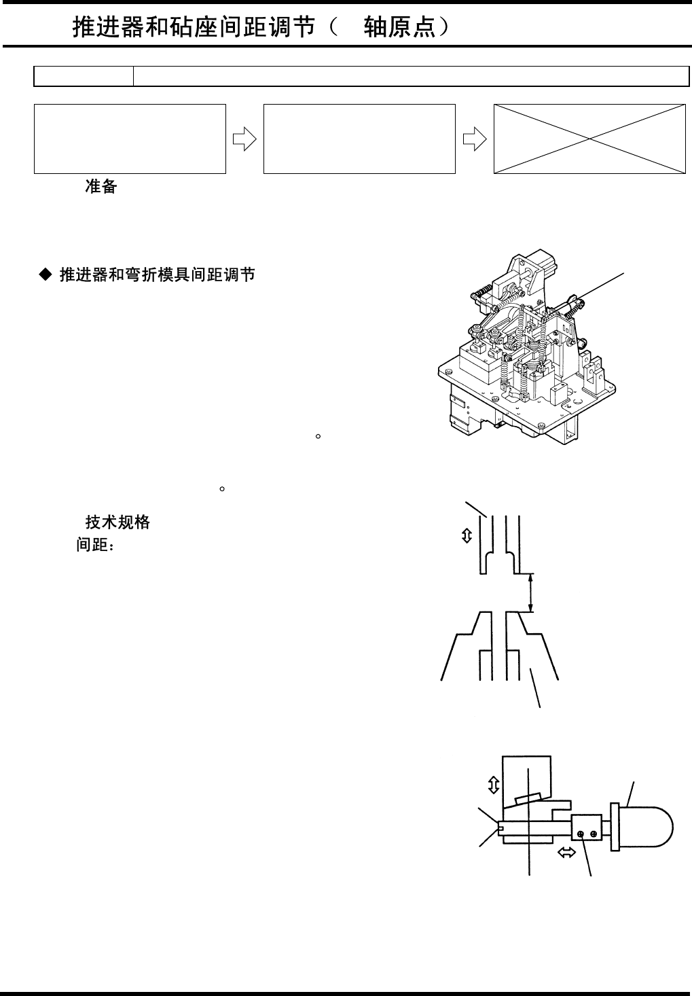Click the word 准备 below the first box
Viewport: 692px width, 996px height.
coord(101,187)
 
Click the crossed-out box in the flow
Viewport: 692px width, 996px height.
coord(589,139)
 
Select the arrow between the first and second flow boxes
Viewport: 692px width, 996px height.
coord(244,139)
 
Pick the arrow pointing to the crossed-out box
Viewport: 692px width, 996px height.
coord(474,139)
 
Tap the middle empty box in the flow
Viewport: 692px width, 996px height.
coord(359,139)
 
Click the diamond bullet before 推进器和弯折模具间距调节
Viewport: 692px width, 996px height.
coord(45,274)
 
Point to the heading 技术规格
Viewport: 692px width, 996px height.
coord(117,522)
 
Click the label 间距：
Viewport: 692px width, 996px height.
coord(95,545)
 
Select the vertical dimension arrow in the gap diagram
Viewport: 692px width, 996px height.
coord(532,592)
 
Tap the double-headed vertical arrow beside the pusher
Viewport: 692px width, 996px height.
coord(467,536)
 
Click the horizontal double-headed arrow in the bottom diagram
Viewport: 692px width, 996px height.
coord(566,853)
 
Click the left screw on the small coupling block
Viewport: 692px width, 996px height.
coord(581,834)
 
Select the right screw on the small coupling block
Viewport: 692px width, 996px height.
coord(594,834)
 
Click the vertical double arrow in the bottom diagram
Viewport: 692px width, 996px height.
coord(494,785)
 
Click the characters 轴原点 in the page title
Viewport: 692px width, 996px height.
coord(398,28)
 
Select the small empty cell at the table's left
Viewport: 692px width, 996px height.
coord(84,77)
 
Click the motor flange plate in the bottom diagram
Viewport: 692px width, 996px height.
coord(615,826)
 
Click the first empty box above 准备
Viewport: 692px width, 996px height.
coord(130,139)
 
